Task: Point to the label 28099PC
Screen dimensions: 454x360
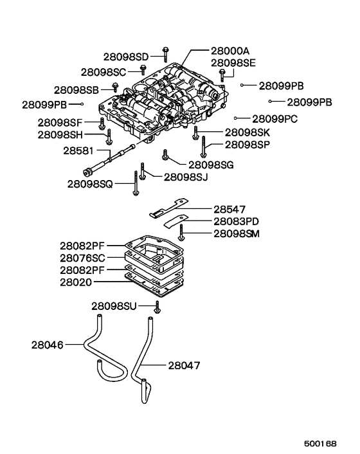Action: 274,118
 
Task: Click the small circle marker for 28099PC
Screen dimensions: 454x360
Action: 237,118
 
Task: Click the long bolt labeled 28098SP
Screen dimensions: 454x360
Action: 203,146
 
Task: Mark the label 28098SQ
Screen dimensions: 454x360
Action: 90,184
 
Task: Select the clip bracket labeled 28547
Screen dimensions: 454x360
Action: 168,210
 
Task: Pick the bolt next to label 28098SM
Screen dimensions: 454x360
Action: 183,233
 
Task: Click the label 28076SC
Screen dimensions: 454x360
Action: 83,258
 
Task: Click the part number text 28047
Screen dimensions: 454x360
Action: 184,365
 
